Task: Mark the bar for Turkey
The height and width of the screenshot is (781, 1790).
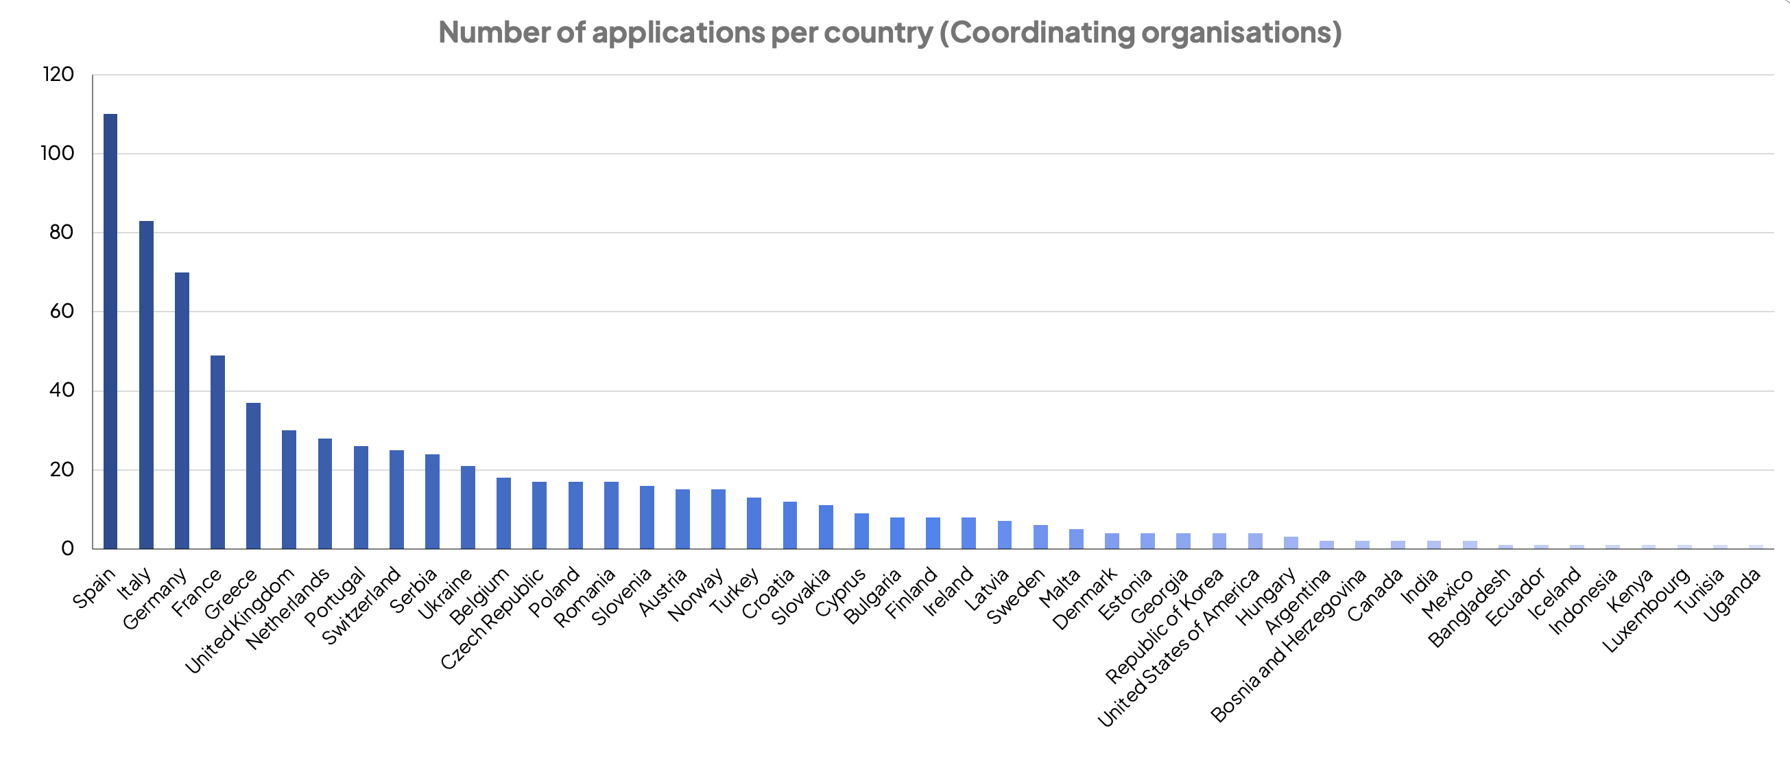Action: point(754,523)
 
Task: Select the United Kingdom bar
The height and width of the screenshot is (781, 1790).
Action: point(289,489)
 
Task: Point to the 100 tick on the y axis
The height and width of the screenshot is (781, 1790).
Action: point(58,154)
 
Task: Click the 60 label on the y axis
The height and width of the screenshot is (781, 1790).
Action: point(61,312)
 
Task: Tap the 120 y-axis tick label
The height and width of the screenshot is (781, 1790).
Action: point(58,74)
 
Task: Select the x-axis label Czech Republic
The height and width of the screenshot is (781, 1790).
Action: point(492,618)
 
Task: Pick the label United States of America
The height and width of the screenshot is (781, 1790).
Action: point(1178,647)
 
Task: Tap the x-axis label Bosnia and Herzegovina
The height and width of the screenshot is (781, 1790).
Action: point(1288,645)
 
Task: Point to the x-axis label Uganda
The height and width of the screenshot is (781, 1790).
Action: point(1732,594)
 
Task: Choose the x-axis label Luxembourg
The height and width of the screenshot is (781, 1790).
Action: point(1646,611)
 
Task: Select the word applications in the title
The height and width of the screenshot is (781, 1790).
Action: point(678,33)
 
